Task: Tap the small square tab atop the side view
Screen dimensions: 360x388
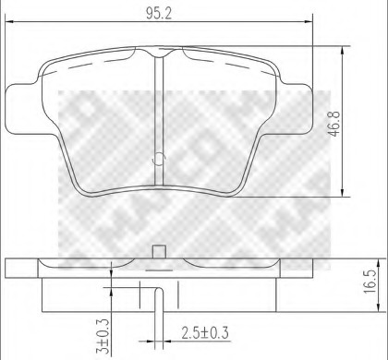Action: pos(159,250)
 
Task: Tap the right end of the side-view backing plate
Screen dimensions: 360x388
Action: pos(306,267)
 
